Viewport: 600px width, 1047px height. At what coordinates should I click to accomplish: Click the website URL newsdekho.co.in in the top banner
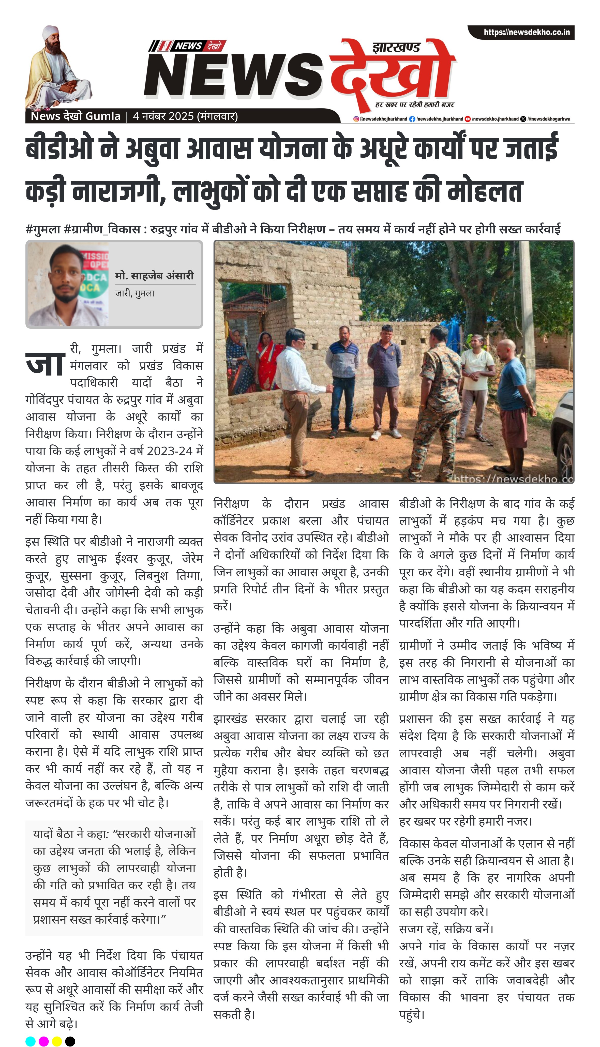(526, 32)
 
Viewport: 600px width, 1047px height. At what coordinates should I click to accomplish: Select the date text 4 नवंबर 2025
(163, 116)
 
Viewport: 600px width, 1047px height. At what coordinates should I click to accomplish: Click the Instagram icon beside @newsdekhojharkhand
(356, 119)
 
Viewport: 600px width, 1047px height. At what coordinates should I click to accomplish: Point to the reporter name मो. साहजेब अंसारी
(154, 276)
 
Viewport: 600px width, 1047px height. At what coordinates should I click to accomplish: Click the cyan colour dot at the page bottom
(31, 1041)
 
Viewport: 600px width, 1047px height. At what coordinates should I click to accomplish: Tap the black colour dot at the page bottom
(70, 1041)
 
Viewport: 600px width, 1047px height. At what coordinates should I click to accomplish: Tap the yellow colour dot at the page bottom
(57, 1041)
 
